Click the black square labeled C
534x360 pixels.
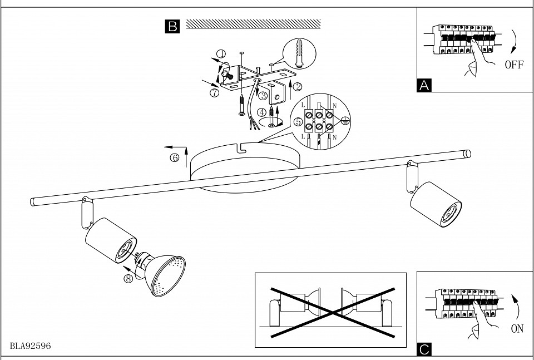tap(424, 349)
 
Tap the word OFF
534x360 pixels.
tap(514, 65)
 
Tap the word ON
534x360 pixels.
tap(517, 328)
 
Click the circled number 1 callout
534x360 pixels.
tap(221, 55)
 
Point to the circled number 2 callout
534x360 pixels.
tap(298, 86)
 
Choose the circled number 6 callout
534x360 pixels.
tap(175, 157)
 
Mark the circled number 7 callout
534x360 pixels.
tap(214, 93)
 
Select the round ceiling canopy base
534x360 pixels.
tap(245, 167)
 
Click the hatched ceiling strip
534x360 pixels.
tap(254, 24)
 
